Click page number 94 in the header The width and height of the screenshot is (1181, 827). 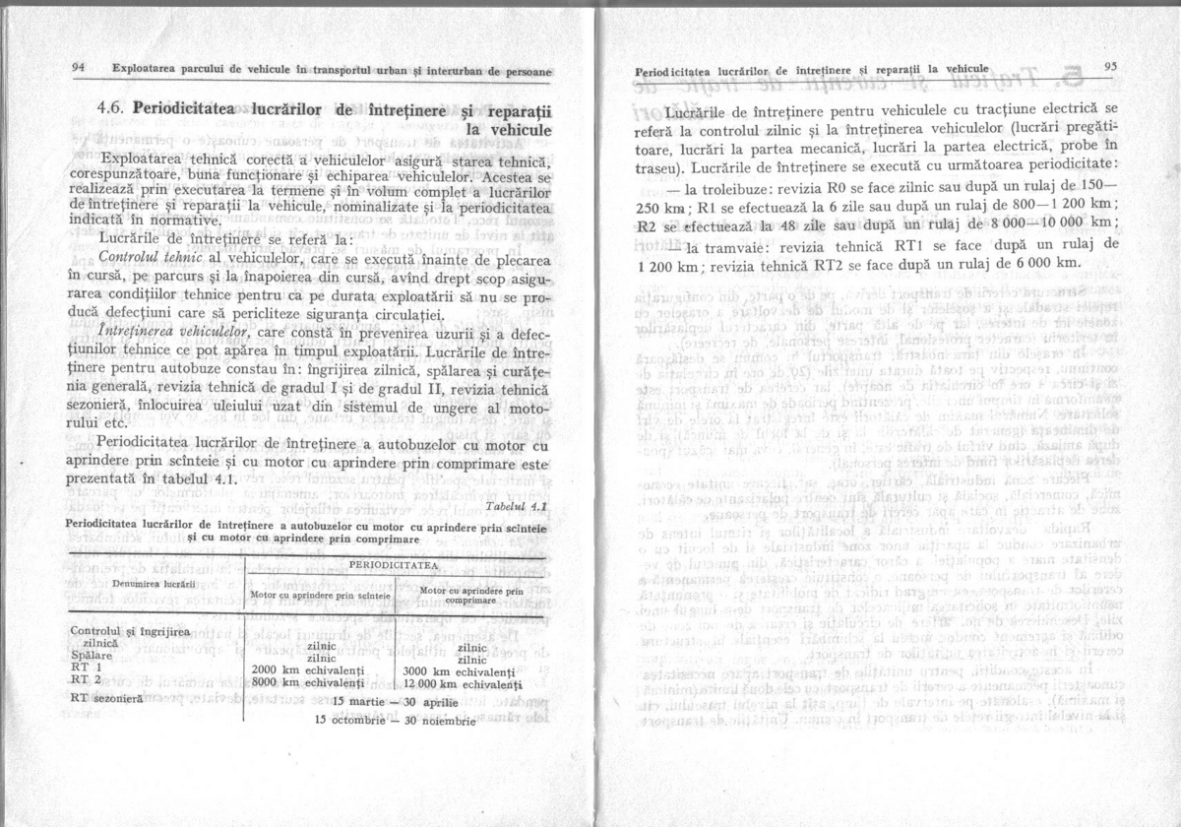point(79,69)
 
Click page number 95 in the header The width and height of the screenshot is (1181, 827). point(1112,67)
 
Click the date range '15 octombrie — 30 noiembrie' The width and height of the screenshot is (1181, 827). point(395,720)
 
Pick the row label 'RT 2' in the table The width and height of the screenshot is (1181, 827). point(87,679)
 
